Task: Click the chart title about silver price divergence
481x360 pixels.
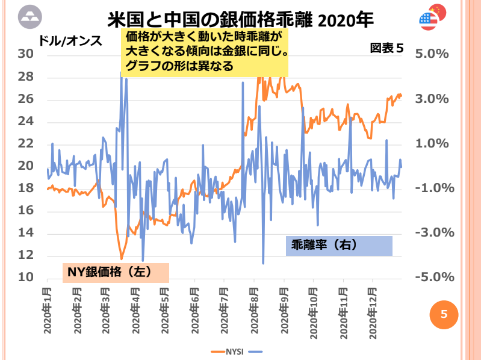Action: pyautogui.click(x=240, y=20)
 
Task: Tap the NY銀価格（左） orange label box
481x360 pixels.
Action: pyautogui.click(x=116, y=272)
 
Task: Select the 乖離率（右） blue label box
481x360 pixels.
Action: pyautogui.click(x=339, y=245)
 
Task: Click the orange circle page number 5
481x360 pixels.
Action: pyautogui.click(x=444, y=314)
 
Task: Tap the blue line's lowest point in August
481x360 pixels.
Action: pyautogui.click(x=263, y=263)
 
